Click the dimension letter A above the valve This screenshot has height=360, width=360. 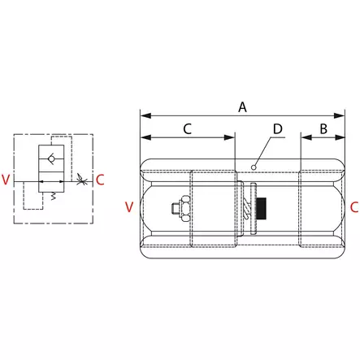[x=241, y=106]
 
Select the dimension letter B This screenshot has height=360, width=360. [x=323, y=128]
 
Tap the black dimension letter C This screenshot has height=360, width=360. [x=187, y=128]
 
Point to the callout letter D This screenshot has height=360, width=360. [x=277, y=128]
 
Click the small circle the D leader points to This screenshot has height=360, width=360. [x=254, y=167]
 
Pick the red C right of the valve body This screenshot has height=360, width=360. [x=354, y=207]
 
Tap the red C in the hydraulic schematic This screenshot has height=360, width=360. [x=99, y=180]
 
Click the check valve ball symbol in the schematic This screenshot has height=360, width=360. [x=54, y=158]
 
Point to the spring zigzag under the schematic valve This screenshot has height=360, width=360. [x=54, y=196]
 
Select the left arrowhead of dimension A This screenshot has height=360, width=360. [x=144, y=114]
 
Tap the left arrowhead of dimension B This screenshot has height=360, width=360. [x=305, y=137]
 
